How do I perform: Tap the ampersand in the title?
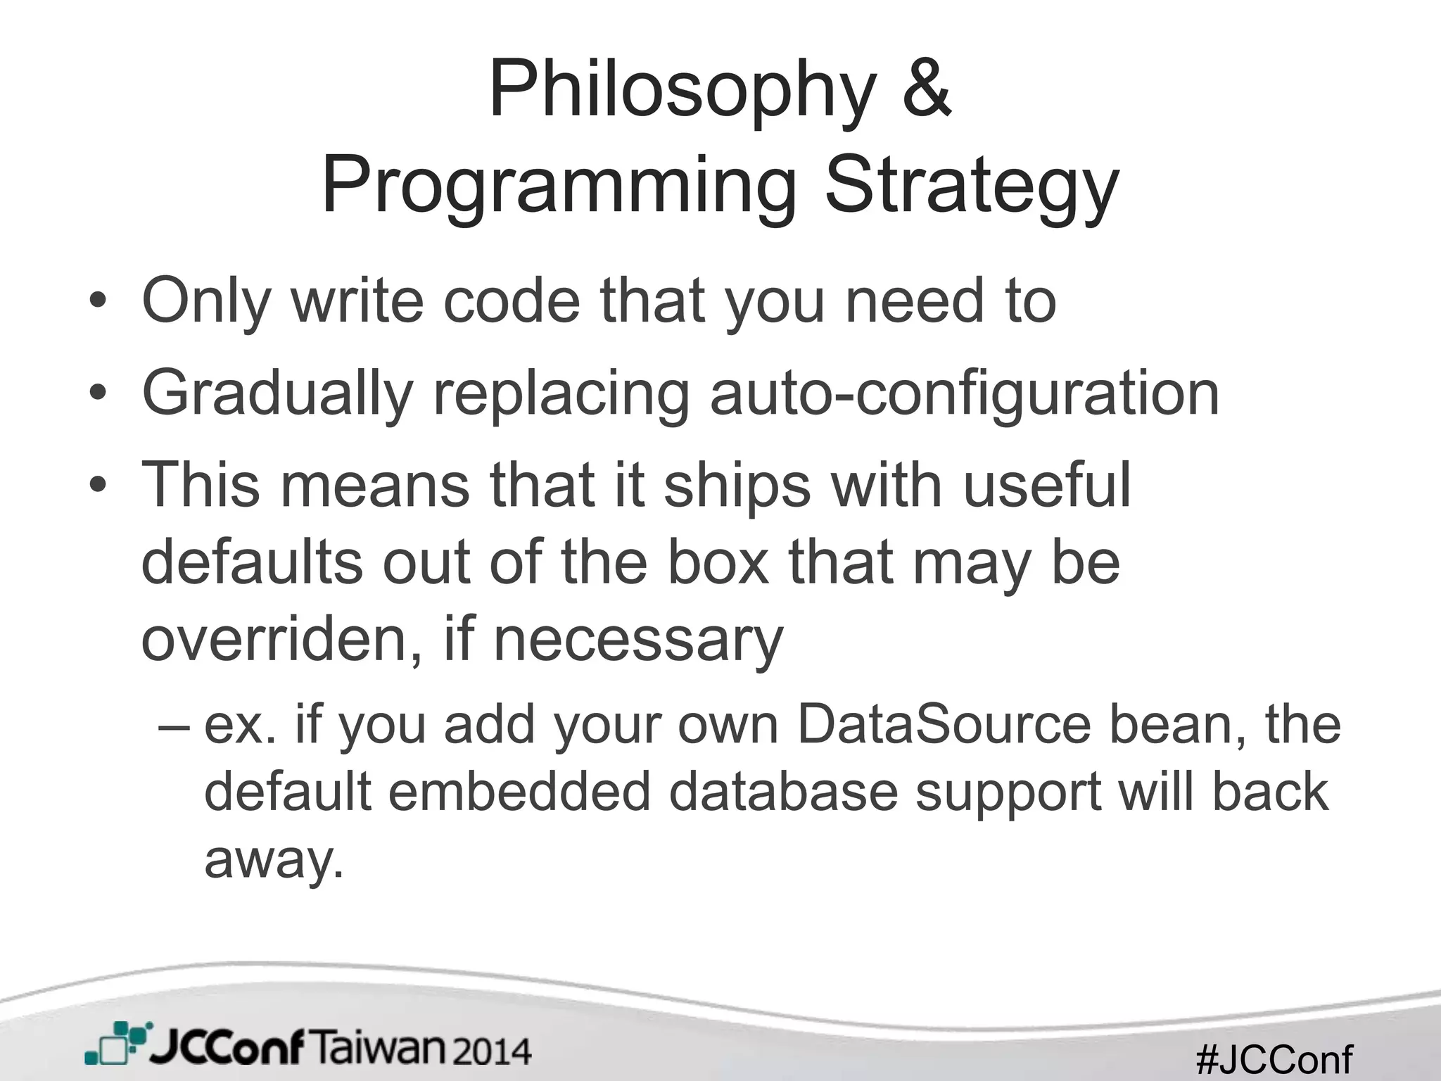[927, 90]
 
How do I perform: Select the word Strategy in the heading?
[971, 187]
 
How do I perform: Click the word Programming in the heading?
[559, 187]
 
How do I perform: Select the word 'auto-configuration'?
[965, 394]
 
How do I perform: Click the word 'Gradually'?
[277, 394]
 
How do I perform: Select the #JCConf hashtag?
[1274, 1059]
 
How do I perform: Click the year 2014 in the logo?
[490, 1052]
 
